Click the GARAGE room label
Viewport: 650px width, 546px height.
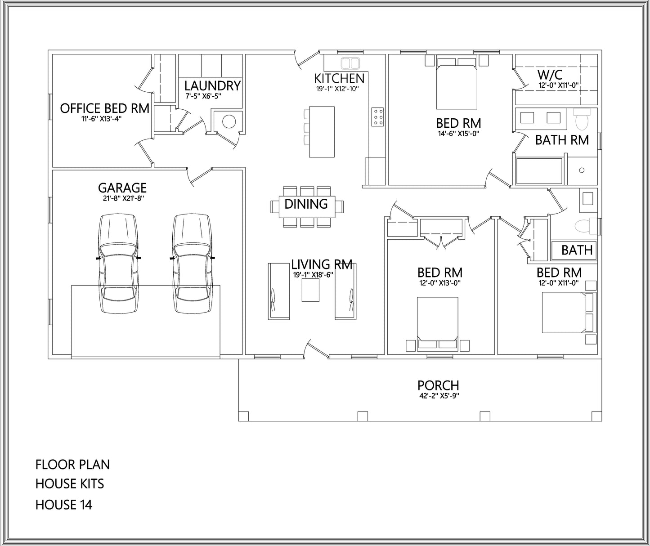[122, 187]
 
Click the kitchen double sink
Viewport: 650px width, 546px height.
[350, 62]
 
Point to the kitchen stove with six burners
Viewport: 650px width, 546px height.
[377, 116]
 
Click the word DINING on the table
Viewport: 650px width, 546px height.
[306, 204]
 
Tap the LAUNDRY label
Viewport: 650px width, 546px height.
[212, 85]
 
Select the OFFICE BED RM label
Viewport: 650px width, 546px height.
[104, 108]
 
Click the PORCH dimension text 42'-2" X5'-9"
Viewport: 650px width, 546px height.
[438, 396]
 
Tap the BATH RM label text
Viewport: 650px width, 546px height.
[562, 140]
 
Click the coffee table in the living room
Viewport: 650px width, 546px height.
[310, 290]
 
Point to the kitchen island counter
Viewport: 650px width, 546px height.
[322, 132]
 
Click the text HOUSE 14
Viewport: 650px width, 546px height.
[64, 505]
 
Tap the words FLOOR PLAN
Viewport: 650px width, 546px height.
[72, 465]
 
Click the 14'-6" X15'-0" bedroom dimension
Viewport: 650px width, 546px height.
[458, 134]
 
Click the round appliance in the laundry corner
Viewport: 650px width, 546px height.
[229, 121]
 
